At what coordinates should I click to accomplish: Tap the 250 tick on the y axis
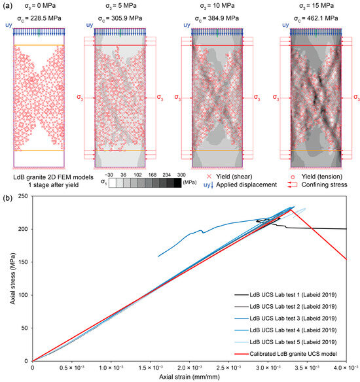pyautogui.click(x=24, y=196)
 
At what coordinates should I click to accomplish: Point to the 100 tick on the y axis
pyautogui.click(x=24, y=294)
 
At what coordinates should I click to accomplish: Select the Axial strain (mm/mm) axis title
pyautogui.click(x=190, y=377)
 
